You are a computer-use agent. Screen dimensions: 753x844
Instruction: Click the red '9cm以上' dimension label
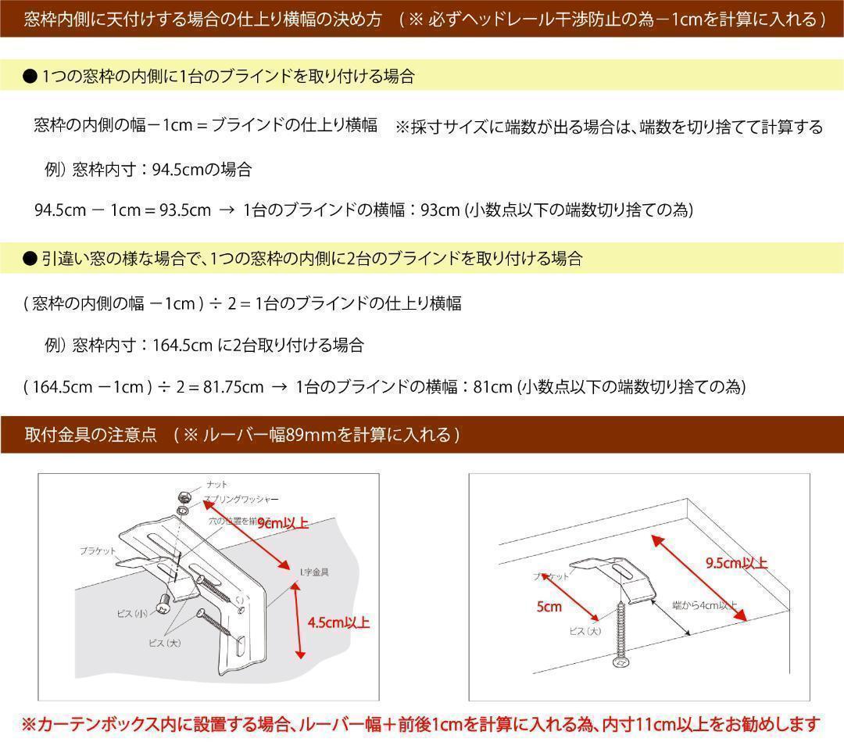pos(283,523)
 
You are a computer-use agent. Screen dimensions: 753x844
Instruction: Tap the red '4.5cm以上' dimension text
pos(338,623)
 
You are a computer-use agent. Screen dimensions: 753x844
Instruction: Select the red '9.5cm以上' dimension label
pos(736,563)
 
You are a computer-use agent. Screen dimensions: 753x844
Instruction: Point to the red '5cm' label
pos(549,607)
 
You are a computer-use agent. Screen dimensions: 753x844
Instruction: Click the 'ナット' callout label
pos(217,485)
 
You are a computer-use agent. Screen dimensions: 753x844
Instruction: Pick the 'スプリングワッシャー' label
pos(241,499)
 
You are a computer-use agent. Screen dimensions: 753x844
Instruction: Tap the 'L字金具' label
pos(314,572)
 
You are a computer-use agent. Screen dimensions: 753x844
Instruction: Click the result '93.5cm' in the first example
pos(185,210)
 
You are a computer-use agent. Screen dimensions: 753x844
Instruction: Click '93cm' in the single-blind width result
pos(440,210)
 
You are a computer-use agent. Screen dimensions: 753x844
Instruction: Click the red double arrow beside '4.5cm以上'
pos(298,623)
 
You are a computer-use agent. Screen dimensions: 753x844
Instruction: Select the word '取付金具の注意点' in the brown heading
pos(91,435)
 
